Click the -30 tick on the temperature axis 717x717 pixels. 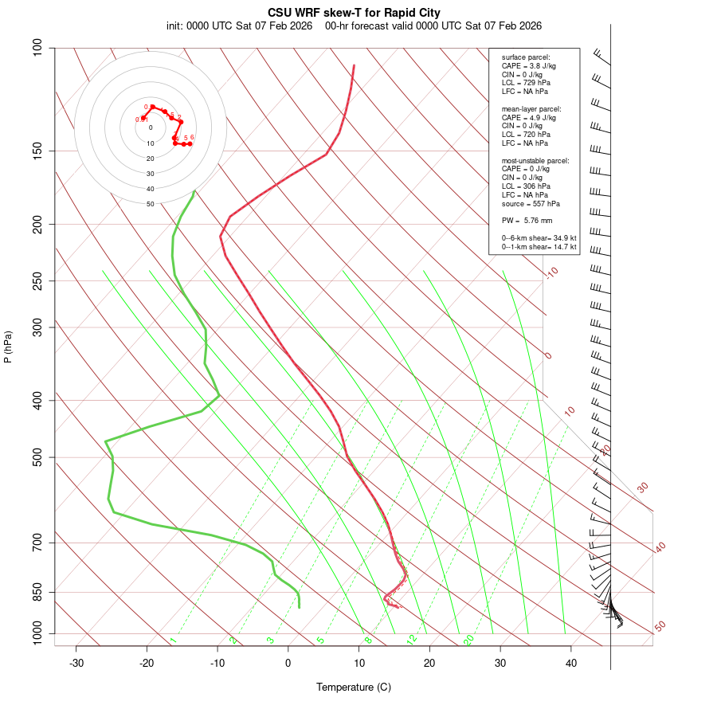pos(76,663)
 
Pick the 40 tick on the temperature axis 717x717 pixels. pos(571,663)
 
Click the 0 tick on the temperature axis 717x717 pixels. pos(288,663)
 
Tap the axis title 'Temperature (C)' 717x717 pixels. pos(354,687)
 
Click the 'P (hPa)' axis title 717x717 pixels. pos(8,347)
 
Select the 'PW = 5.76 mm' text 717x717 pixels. pos(527,220)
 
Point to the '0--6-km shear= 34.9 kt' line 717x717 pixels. pos(539,238)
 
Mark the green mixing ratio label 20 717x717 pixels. pos(469,639)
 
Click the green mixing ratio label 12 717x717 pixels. pos(412,639)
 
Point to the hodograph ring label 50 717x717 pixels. pos(150,204)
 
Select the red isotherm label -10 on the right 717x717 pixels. pos(551,272)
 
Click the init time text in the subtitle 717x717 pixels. pos(239,25)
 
